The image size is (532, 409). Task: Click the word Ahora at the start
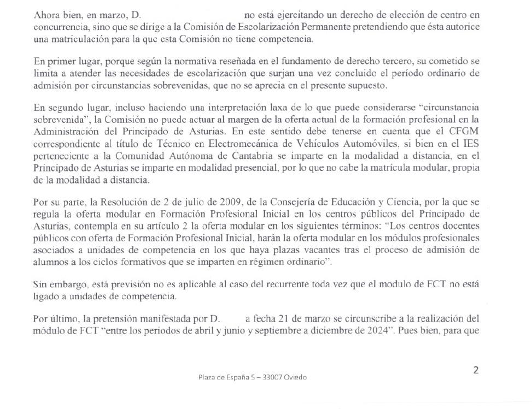coord(45,16)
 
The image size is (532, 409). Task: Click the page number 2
coord(476,370)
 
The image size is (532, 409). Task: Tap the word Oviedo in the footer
coord(295,377)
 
